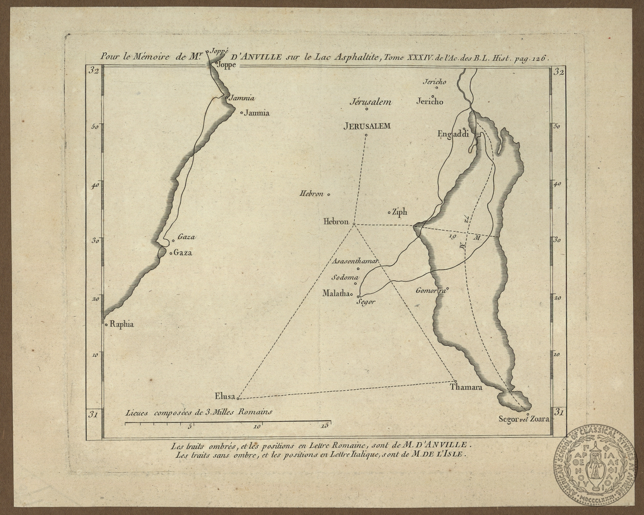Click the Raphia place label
pyautogui.click(x=121, y=325)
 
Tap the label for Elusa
pyautogui.click(x=225, y=396)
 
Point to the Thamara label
pyautogui.click(x=466, y=387)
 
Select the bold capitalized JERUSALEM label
pyautogui.click(x=367, y=126)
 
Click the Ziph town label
pyautogui.click(x=399, y=212)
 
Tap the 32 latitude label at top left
pyautogui.click(x=94, y=72)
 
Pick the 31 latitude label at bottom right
pyautogui.click(x=559, y=412)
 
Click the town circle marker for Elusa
pyautogui.click(x=238, y=398)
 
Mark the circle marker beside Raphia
pyautogui.click(x=106, y=325)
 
